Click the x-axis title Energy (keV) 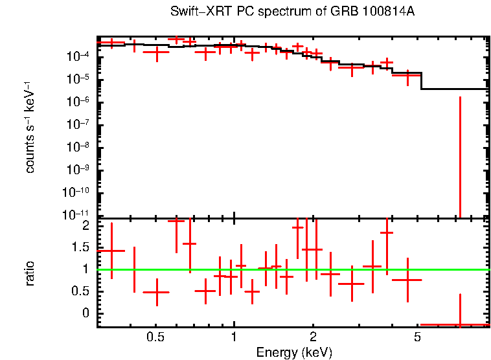[x=294, y=352]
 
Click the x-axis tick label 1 [x=234, y=337]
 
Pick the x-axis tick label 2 [x=313, y=337]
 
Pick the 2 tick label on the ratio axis [x=86, y=225]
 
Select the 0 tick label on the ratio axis [x=86, y=313]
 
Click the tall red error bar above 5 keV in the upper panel [x=460, y=155]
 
